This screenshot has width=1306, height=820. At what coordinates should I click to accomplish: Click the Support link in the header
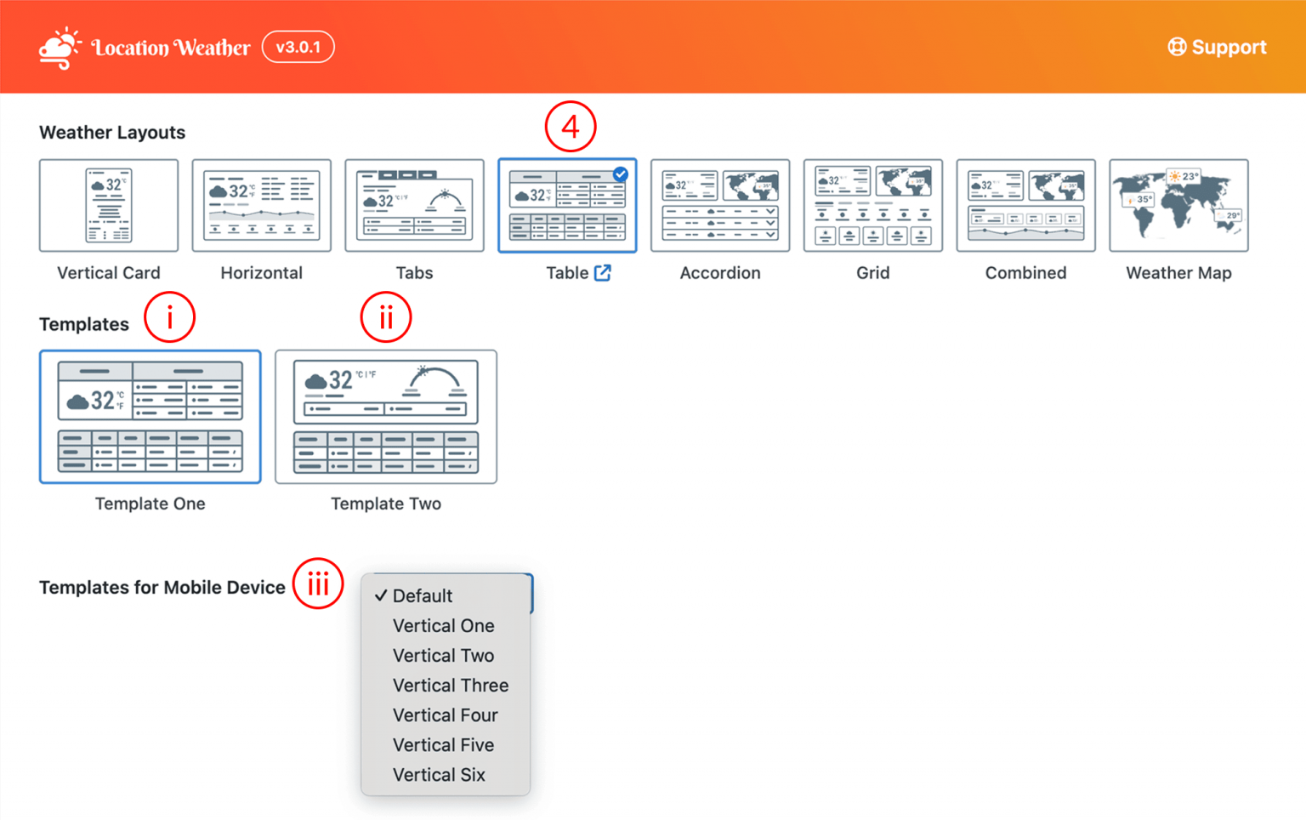(1217, 47)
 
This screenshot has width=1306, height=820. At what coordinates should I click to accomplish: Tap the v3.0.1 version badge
(298, 47)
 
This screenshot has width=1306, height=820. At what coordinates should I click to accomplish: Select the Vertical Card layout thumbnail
(109, 206)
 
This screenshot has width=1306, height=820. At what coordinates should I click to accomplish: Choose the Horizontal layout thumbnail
(261, 206)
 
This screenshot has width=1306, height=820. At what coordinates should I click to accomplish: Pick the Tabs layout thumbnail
(414, 206)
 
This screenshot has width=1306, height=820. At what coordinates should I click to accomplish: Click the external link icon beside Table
(603, 273)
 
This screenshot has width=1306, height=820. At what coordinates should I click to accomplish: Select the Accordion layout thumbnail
(719, 206)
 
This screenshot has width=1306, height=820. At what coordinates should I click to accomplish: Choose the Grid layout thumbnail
(872, 206)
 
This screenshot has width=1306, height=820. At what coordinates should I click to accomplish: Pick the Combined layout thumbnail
(1025, 206)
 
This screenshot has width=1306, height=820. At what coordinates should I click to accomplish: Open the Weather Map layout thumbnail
(1178, 206)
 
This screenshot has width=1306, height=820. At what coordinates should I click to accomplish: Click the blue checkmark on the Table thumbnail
(621, 174)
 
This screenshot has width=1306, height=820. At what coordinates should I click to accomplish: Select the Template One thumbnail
(150, 417)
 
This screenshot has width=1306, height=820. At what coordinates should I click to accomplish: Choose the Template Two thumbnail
(386, 417)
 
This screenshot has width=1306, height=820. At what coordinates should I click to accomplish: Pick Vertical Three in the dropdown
(450, 686)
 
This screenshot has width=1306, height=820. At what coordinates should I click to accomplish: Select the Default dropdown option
(423, 596)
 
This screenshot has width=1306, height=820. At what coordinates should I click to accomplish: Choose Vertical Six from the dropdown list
(439, 775)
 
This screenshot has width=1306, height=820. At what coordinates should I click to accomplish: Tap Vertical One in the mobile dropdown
(443, 626)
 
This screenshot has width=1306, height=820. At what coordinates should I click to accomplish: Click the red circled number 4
(571, 128)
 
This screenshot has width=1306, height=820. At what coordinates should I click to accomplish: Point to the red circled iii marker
(318, 584)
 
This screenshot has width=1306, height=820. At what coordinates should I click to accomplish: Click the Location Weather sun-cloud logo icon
(60, 48)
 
